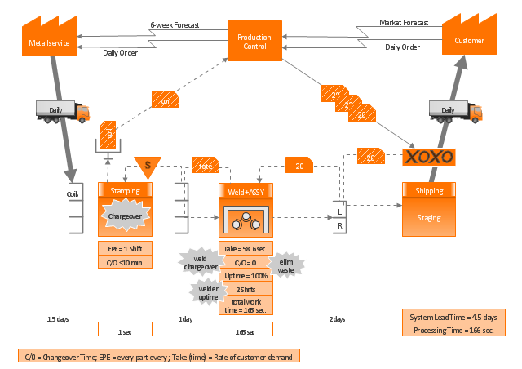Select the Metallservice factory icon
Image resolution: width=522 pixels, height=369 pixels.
pyautogui.click(x=48, y=38)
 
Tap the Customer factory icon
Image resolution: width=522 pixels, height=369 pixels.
pyautogui.click(x=470, y=38)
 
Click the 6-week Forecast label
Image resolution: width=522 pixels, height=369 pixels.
pyautogui.click(x=175, y=25)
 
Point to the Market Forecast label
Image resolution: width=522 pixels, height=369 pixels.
pyautogui.click(x=405, y=23)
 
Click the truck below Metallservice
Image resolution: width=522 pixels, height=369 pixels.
pyautogui.click(x=62, y=110)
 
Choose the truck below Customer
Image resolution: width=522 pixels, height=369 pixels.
pyautogui.click(x=455, y=110)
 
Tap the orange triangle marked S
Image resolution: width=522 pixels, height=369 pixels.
pyautogui.click(x=148, y=166)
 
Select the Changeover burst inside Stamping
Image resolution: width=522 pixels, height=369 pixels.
pyautogui.click(x=126, y=216)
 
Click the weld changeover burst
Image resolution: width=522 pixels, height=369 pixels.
pyautogui.click(x=199, y=261)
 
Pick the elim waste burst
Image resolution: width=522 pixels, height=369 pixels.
pyautogui.click(x=286, y=264)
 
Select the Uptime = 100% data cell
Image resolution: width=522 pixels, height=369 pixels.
pyautogui.click(x=246, y=276)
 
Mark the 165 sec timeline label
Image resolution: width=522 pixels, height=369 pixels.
pyautogui.click(x=245, y=331)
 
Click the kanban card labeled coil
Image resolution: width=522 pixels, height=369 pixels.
pyautogui.click(x=166, y=100)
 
